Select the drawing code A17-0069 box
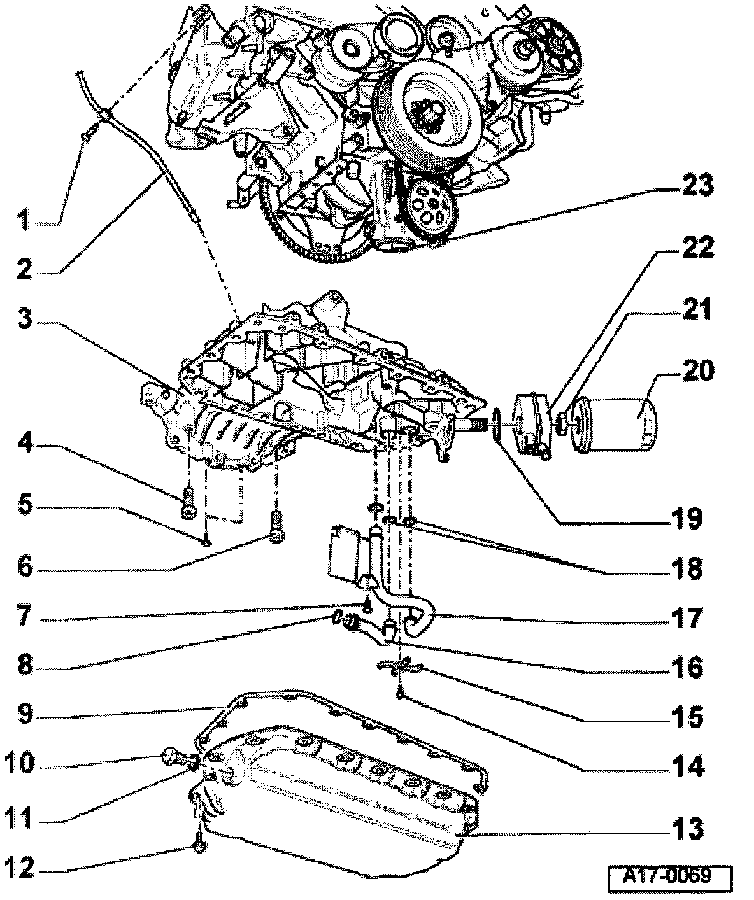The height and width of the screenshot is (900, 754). tap(667, 876)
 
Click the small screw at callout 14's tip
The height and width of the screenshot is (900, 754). tap(399, 696)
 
